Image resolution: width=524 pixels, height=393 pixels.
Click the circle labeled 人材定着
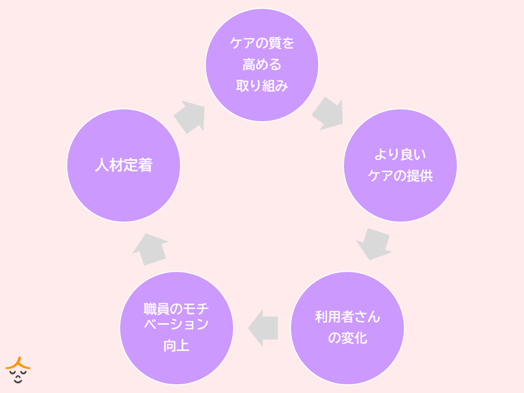coord(123,165)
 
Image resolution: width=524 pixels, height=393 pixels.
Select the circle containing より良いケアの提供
coord(400,165)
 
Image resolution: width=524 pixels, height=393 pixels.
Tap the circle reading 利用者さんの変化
coord(347,328)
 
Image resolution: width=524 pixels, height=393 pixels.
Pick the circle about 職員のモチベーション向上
coord(176,328)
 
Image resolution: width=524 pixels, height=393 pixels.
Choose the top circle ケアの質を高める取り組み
coord(262,65)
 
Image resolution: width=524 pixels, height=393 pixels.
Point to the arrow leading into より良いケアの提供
coord(327,114)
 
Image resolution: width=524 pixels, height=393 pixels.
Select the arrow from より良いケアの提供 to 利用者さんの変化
coord(374,243)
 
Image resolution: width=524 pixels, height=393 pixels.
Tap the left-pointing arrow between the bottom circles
coord(264,328)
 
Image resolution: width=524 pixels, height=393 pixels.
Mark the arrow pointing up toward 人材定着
coord(150,249)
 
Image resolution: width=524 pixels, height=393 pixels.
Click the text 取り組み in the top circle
coord(262,86)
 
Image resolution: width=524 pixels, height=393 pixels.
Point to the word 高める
coord(262,65)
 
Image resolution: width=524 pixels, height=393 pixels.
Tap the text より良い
coord(400,154)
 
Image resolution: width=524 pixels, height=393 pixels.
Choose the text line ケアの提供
coord(400,176)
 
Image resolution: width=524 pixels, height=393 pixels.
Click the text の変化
coord(347,338)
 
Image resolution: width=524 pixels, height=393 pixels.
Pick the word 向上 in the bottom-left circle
coord(176,346)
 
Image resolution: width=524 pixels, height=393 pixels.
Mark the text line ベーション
coord(176,325)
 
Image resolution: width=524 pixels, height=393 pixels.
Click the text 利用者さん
coord(347,317)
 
